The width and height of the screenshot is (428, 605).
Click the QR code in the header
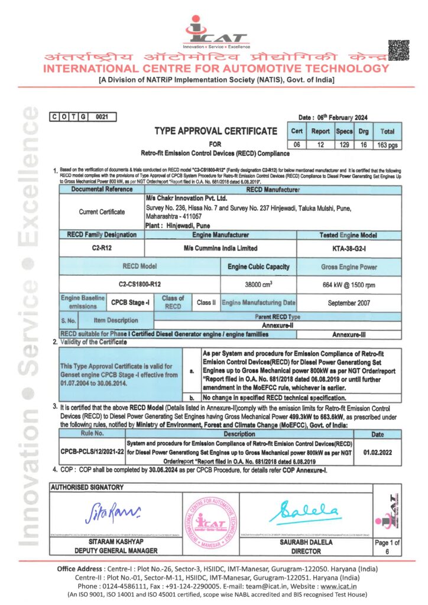(398, 50)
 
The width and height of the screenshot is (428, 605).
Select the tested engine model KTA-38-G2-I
(349, 248)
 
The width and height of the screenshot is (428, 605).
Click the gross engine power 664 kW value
(349, 284)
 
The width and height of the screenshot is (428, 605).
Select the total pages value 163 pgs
(387, 144)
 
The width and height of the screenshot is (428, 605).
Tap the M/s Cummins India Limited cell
(221, 248)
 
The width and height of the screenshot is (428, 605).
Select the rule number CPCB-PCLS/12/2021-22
(92, 451)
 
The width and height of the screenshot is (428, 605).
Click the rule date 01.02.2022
(380, 451)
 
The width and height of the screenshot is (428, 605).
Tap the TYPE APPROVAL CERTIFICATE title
(215, 131)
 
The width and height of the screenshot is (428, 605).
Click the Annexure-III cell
(349, 334)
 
